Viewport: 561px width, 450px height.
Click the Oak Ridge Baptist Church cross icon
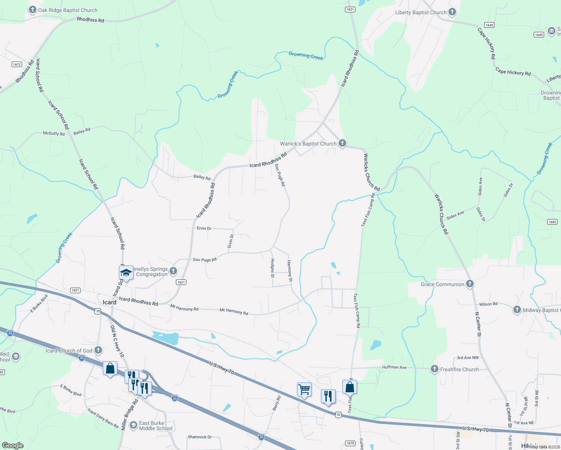33,10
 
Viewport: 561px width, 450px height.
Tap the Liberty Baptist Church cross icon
452,12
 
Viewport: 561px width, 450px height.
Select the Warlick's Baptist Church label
308,144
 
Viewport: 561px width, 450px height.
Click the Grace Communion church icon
469,284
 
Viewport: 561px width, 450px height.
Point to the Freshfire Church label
459,369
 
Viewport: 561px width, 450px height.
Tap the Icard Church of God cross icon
98,350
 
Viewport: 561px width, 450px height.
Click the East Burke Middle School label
156,426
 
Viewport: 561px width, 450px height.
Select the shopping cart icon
304,389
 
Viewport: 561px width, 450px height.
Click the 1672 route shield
17,64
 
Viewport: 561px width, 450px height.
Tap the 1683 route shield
552,222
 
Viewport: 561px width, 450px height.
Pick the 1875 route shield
350,443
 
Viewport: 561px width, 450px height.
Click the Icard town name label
109,302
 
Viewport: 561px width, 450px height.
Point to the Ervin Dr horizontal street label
204,228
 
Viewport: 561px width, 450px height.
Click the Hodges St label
273,268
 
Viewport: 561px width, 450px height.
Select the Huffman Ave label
394,367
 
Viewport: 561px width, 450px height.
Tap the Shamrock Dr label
199,437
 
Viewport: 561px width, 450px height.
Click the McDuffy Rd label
54,133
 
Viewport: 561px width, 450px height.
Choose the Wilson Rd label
488,304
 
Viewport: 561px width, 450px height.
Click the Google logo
13,445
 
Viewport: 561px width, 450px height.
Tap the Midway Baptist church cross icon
517,310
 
